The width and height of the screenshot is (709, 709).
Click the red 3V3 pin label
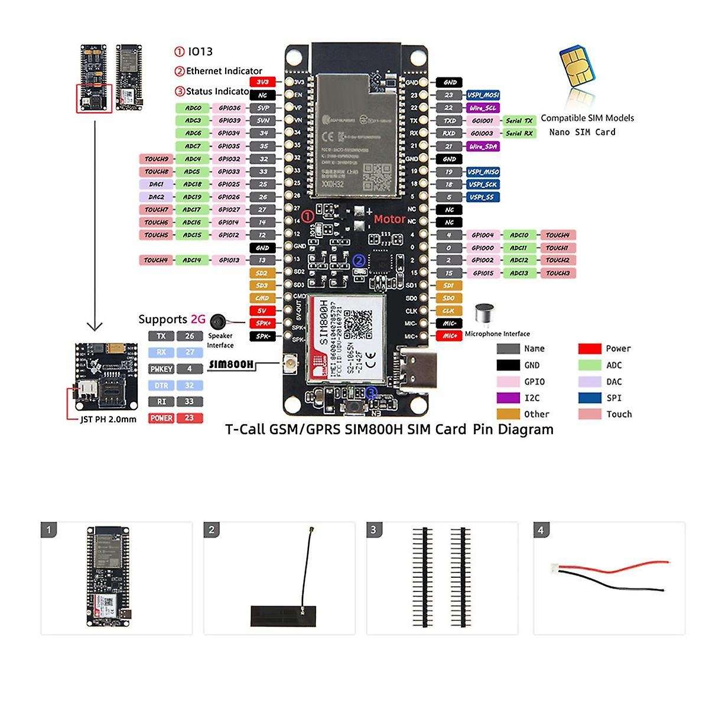point(263,82)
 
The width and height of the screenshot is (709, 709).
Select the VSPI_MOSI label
point(483,95)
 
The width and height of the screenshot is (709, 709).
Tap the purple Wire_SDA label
point(483,146)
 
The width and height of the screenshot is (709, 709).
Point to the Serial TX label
point(519,121)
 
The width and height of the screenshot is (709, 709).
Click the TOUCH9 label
point(157,159)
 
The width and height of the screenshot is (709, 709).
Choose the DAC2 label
point(157,197)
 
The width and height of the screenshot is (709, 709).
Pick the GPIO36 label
point(229,108)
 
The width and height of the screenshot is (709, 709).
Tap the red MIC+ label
point(449,336)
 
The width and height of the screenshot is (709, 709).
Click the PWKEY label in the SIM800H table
point(161,369)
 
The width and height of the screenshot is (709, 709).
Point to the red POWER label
point(161,418)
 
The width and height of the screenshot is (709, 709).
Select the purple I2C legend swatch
point(508,398)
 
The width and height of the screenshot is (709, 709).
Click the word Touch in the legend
point(619,414)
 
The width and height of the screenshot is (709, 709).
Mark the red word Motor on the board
point(389,219)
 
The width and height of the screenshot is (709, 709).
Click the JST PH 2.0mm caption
point(108,419)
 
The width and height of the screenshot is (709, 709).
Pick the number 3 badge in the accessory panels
point(373,530)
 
